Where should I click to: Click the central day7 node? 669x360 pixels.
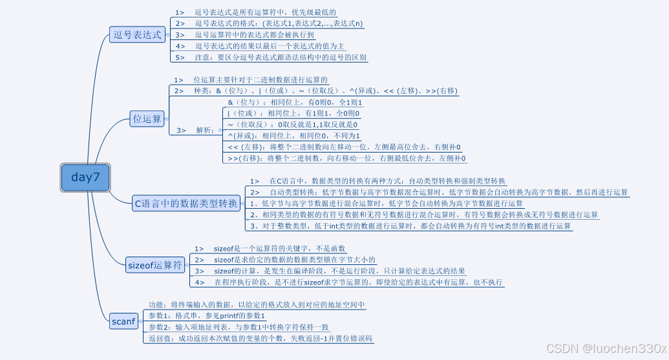point(85,177)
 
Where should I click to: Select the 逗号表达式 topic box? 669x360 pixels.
point(137,35)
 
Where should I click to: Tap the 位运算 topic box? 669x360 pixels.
point(147,118)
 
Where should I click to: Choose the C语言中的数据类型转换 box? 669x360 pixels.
point(186,204)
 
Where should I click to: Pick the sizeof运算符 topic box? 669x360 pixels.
point(155,264)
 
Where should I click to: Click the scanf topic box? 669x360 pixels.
point(123,321)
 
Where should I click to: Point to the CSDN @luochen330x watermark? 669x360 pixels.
point(601,348)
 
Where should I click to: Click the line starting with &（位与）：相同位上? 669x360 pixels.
point(295,102)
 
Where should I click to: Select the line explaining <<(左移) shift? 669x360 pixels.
point(346,147)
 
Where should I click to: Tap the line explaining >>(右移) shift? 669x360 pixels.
point(346,158)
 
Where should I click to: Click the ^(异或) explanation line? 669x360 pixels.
point(293,136)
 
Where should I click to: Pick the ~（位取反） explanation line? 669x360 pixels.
point(293,124)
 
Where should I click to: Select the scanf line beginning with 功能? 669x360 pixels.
point(257,304)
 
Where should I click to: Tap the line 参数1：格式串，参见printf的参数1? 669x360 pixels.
point(207,315)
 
